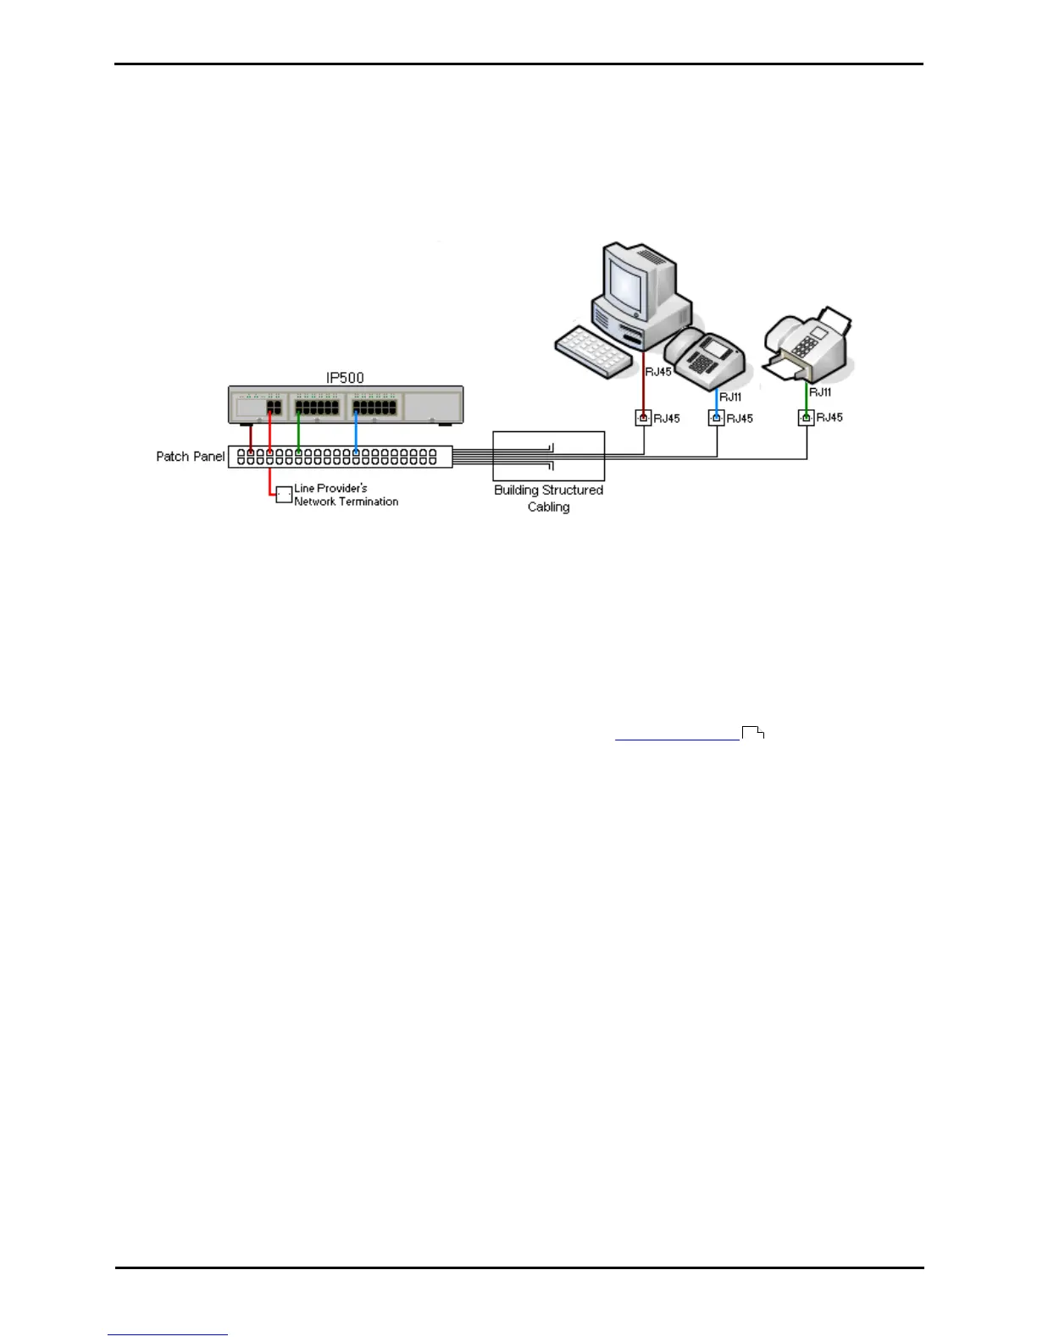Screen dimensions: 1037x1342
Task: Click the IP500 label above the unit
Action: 345,378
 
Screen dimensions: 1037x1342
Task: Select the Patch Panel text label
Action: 191,457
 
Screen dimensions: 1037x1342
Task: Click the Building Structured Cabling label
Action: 548,498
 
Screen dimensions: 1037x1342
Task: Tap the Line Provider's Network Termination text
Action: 346,495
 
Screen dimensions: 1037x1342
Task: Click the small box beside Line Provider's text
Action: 284,495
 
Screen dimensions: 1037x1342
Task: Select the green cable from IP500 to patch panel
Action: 298,430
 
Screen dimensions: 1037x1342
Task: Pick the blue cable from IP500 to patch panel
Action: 356,430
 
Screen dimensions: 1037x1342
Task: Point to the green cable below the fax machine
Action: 806,397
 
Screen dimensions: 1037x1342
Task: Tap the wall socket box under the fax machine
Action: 806,418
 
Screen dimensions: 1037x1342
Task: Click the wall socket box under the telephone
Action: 717,419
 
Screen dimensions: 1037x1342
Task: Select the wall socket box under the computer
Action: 643,419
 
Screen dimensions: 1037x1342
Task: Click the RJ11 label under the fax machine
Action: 820,392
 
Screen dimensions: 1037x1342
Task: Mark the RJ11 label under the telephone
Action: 730,396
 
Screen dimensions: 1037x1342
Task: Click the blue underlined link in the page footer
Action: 168,1334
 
